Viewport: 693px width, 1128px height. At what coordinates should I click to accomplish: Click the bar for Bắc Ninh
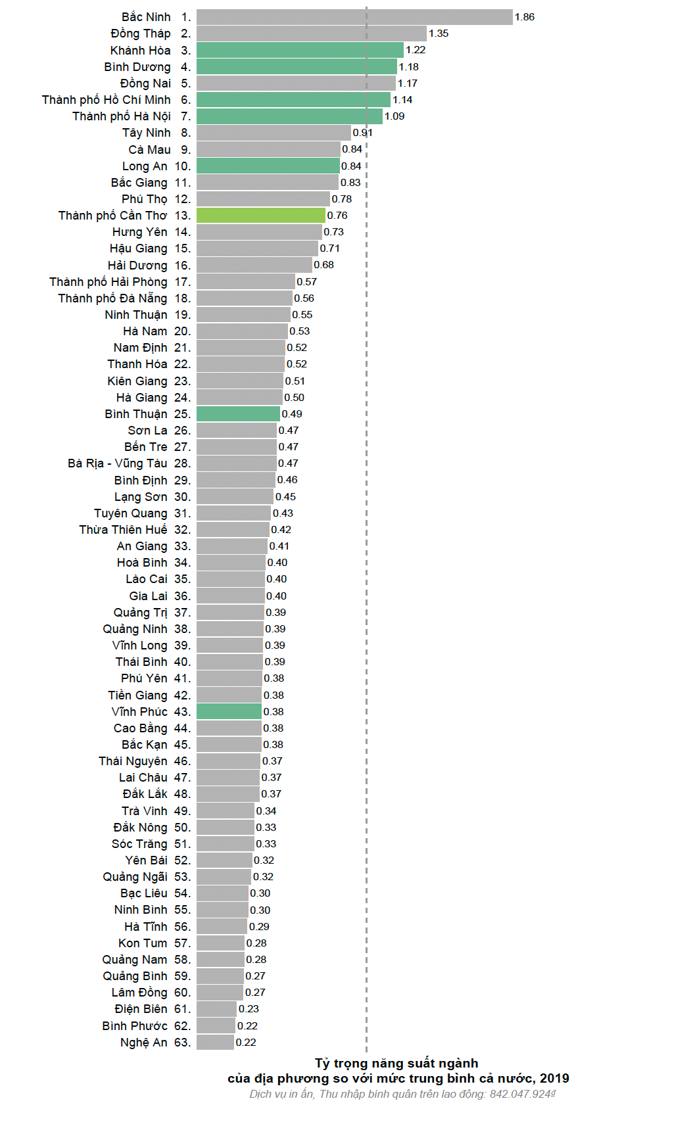[x=354, y=17]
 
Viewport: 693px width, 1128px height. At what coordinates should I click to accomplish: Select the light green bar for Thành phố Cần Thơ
[x=260, y=216]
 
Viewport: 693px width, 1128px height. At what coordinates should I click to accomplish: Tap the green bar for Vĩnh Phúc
[x=229, y=711]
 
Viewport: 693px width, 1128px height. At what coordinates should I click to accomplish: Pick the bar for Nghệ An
[x=215, y=1042]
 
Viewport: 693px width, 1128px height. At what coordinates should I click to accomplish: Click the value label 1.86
[x=525, y=17]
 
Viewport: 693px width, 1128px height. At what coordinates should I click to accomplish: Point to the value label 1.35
[x=439, y=34]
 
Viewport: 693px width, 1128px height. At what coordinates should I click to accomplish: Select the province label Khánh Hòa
[x=140, y=51]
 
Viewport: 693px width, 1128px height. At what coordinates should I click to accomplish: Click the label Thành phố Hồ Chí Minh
[x=106, y=100]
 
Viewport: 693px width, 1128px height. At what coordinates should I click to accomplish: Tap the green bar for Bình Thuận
[x=238, y=413]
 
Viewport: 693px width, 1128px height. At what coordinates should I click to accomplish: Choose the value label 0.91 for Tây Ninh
[x=362, y=133]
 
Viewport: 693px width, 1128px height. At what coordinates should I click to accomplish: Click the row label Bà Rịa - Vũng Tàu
[x=117, y=463]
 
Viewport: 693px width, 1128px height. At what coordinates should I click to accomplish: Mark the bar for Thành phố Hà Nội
[x=289, y=116]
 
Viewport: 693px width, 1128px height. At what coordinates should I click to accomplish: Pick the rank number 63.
[x=182, y=1043]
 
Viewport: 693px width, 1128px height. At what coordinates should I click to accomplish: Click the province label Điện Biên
[x=141, y=1009]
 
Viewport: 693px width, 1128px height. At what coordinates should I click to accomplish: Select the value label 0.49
[x=292, y=414]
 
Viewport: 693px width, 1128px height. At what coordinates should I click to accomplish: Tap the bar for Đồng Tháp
[x=311, y=34]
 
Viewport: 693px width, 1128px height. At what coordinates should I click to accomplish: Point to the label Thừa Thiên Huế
[x=123, y=530]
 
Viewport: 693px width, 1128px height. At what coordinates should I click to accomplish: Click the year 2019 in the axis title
[x=554, y=1078]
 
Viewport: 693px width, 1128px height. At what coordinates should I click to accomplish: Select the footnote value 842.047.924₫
[x=523, y=1094]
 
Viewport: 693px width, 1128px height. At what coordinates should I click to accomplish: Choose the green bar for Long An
[x=268, y=166]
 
